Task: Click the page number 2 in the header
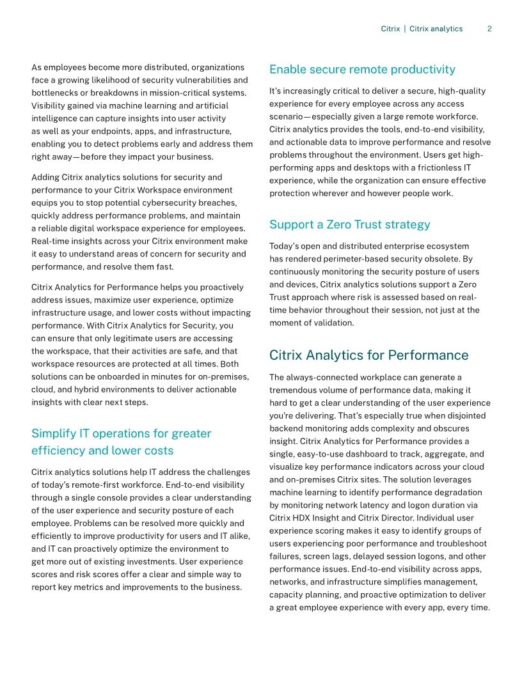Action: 489,29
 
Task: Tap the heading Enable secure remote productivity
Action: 362,69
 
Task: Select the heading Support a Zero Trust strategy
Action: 349,224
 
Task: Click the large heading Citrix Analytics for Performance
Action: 368,355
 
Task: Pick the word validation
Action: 331,323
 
